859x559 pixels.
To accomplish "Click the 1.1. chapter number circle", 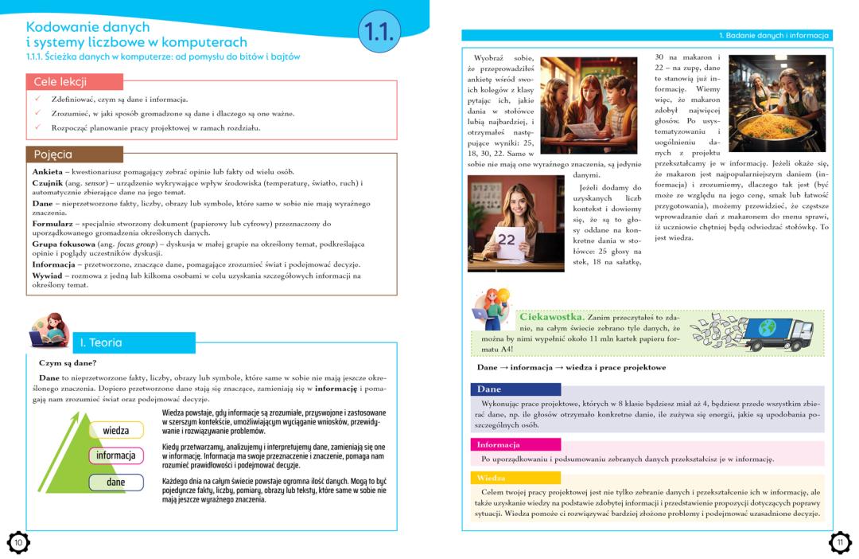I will tap(379, 31).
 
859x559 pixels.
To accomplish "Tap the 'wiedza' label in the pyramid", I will tap(116, 430).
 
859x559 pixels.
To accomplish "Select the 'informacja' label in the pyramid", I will tap(116, 455).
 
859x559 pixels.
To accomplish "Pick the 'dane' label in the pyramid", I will tap(116, 482).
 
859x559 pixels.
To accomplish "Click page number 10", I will tap(17, 542).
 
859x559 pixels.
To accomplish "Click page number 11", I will tap(840, 542).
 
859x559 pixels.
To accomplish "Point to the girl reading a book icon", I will tap(49, 331).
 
